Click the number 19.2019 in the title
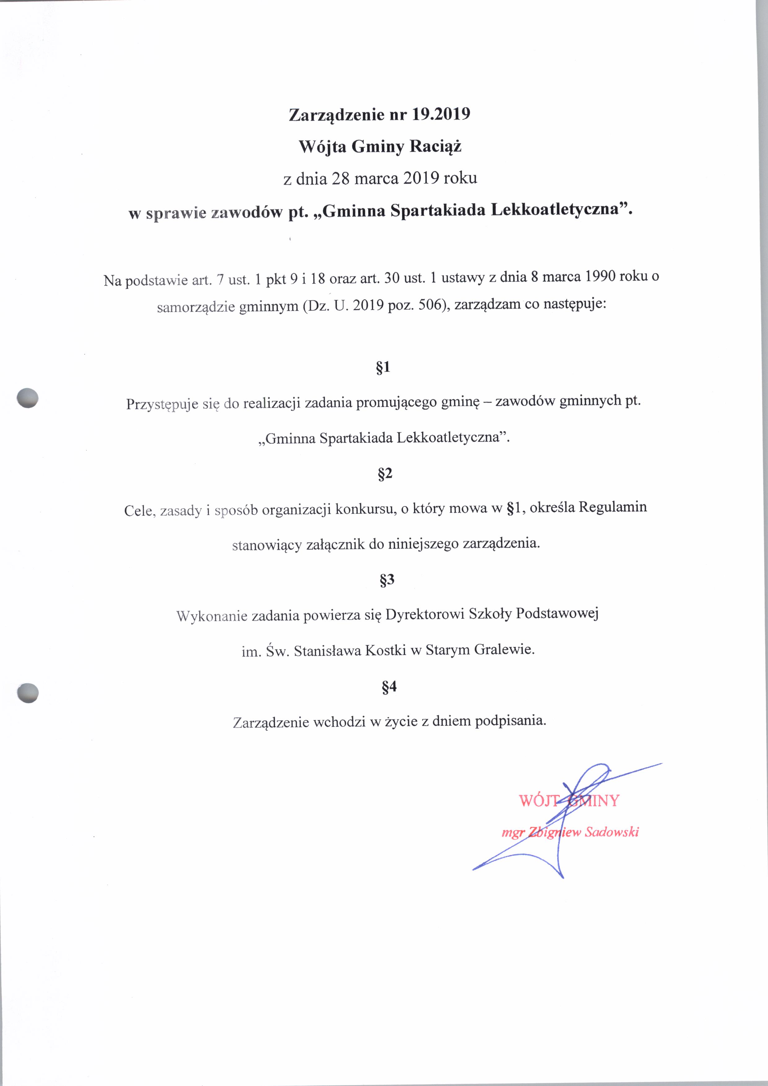pyautogui.click(x=441, y=115)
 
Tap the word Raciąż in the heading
pyautogui.click(x=435, y=147)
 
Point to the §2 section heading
pyautogui.click(x=385, y=473)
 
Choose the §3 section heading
pyautogui.click(x=386, y=580)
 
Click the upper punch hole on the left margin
pyautogui.click(x=28, y=397)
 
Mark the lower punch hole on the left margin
pyautogui.click(x=28, y=693)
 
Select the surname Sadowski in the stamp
pyautogui.click(x=612, y=832)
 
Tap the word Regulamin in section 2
pyautogui.click(x=613, y=507)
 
